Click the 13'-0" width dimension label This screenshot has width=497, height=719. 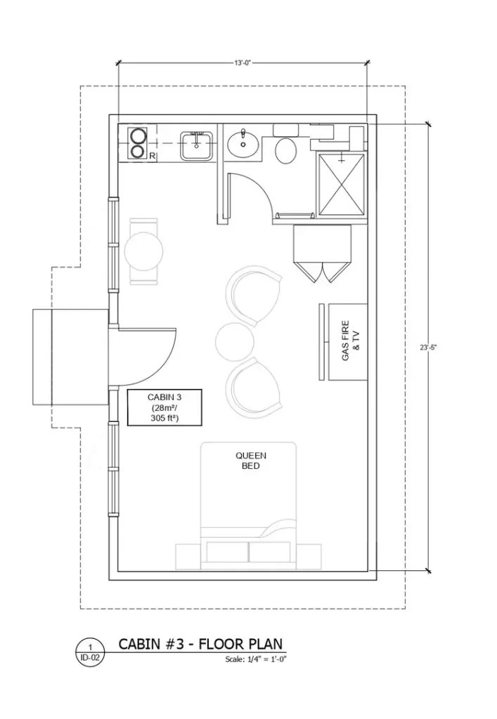[243, 63]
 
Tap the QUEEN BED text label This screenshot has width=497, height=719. [250, 461]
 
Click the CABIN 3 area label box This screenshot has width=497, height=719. [164, 407]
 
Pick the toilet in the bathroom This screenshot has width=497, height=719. [285, 150]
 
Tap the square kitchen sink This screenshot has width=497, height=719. [197, 145]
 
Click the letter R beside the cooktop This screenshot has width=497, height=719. [152, 156]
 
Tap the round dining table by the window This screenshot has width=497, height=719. [146, 251]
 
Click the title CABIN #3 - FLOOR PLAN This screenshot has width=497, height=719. [200, 644]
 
